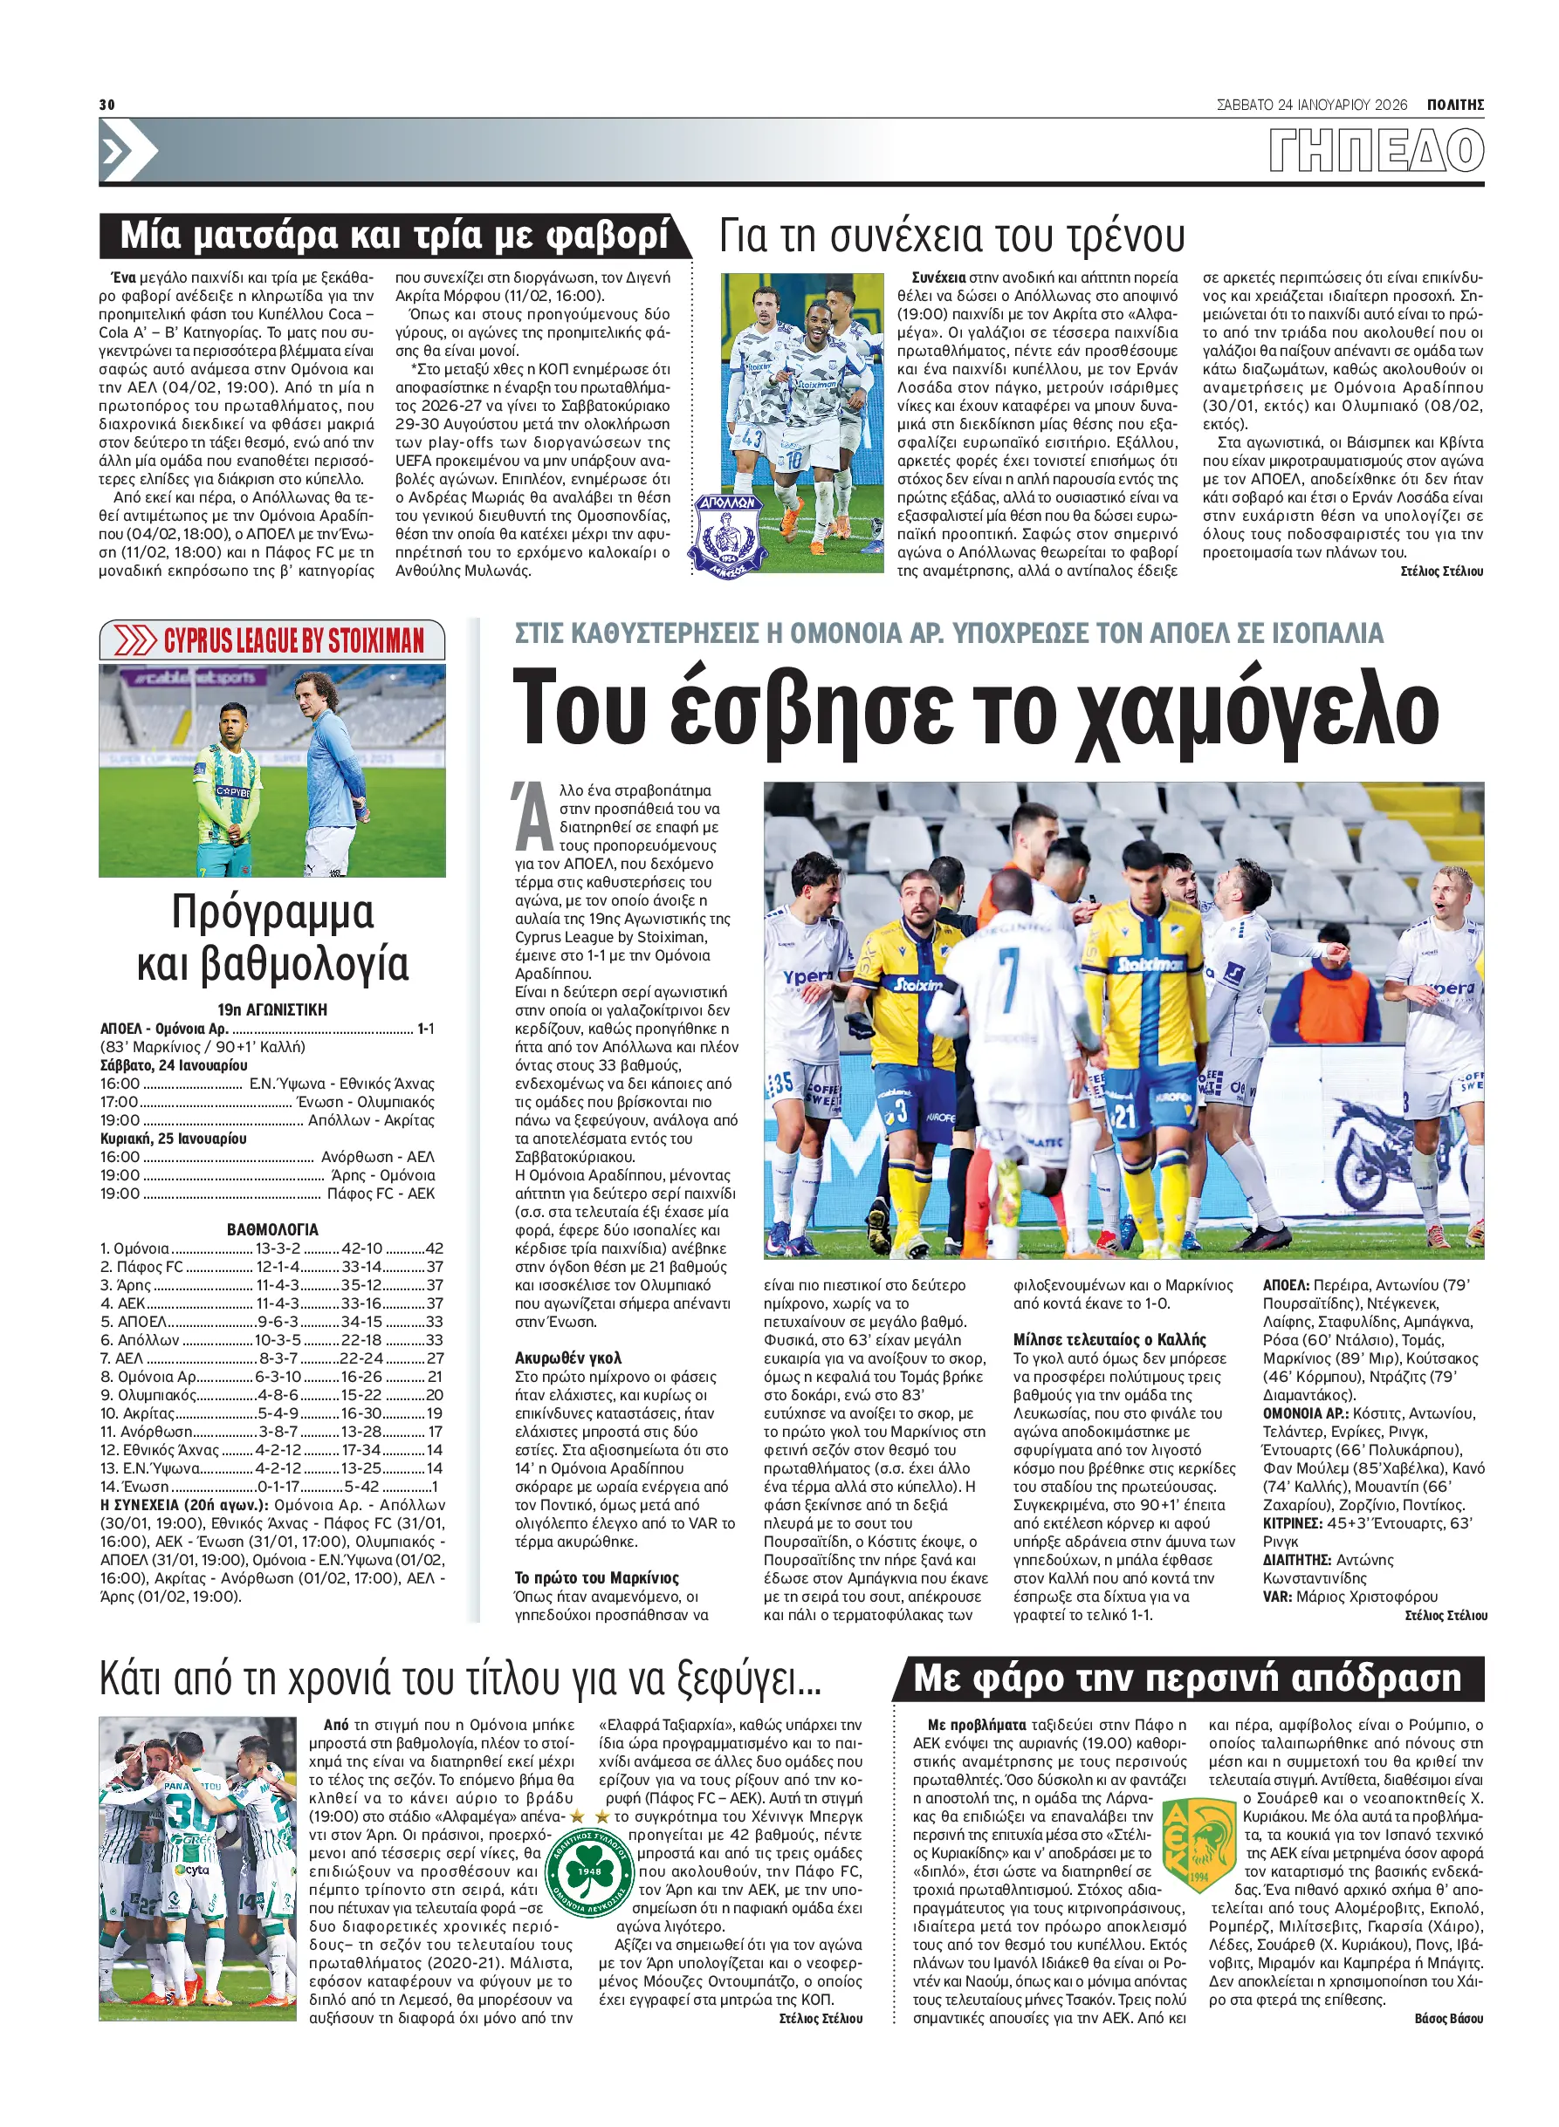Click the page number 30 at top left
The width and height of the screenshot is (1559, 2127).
tap(106, 105)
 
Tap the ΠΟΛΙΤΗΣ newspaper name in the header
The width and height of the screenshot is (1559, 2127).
tap(1454, 105)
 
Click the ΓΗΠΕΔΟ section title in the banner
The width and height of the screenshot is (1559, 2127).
tap(1376, 151)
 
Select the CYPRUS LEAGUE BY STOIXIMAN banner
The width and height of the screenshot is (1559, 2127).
tap(271, 640)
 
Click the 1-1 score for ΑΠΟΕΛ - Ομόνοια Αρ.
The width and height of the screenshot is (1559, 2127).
tap(426, 1028)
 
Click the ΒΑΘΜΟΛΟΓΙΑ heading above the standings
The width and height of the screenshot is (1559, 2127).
tap(271, 1229)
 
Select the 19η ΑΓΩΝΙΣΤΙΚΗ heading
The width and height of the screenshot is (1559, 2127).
tap(271, 1009)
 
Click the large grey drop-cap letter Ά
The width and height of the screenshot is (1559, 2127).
tap(533, 814)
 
